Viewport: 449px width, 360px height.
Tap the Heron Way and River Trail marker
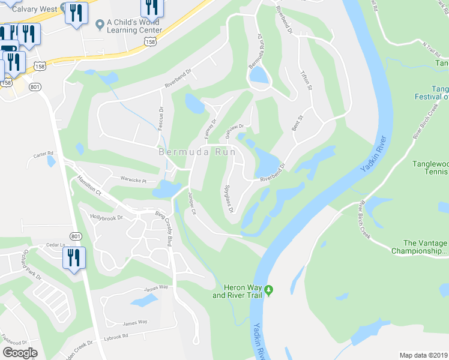(x=270, y=290)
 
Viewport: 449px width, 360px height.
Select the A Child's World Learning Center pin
(x=100, y=24)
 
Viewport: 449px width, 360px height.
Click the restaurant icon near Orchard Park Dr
(x=74, y=259)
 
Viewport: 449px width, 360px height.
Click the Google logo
(x=20, y=353)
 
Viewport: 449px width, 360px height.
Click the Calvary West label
(x=34, y=9)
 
